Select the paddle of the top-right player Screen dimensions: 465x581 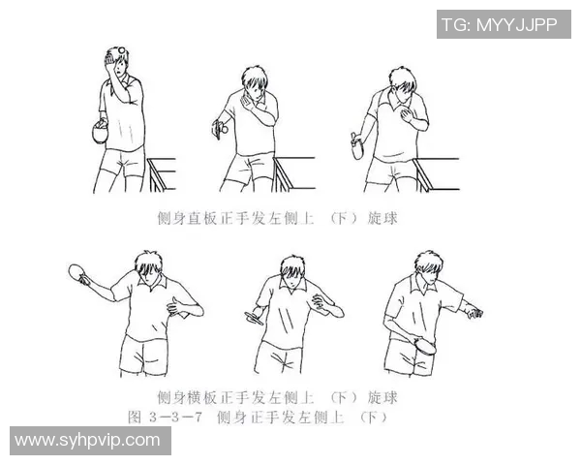(x=356, y=146)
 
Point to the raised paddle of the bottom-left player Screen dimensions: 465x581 (x=77, y=274)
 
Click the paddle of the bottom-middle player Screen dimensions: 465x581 (x=255, y=316)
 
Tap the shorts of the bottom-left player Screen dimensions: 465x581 (x=144, y=352)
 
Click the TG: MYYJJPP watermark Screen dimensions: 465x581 (x=499, y=24)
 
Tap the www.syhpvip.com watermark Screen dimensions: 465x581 (x=87, y=440)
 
